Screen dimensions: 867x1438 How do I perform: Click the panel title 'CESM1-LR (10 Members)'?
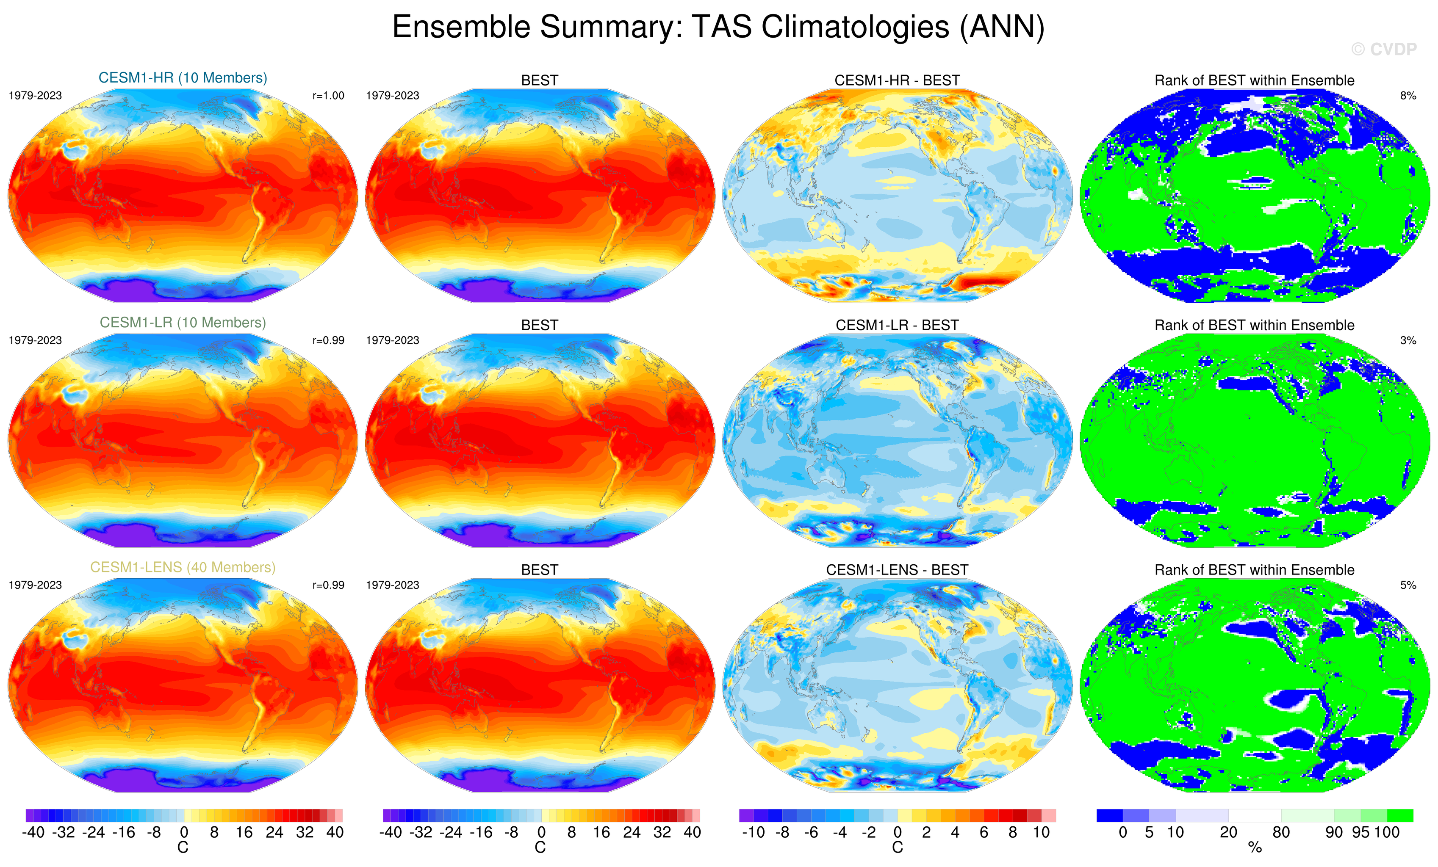[183, 322]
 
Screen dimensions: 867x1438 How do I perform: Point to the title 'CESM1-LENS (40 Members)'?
[183, 567]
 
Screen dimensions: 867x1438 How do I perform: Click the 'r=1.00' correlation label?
[328, 96]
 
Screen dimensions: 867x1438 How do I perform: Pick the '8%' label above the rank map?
[1408, 96]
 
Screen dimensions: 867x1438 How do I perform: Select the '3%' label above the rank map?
[1408, 340]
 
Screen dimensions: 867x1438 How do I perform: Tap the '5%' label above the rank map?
[1408, 585]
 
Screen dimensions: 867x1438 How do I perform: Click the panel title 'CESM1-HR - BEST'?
[897, 80]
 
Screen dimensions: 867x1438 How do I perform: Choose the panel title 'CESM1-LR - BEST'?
[897, 325]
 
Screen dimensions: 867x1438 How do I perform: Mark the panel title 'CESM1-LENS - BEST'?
[897, 570]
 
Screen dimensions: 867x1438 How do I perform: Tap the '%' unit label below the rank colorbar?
[1255, 848]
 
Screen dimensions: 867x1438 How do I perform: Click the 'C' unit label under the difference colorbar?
[898, 848]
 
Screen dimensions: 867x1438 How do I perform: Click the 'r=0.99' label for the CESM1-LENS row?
[328, 585]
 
